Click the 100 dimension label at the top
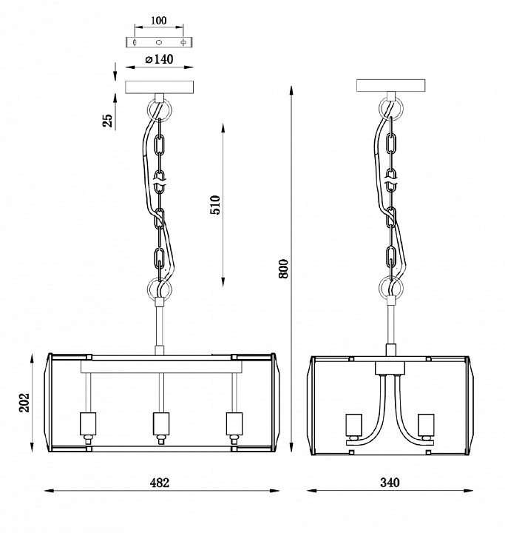158,21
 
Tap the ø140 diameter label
159,59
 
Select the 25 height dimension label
107,121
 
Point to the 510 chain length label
215,204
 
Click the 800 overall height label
283,269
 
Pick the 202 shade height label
24,403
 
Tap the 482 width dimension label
159,483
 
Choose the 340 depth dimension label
390,483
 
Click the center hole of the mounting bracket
159,42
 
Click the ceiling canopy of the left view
159,87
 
